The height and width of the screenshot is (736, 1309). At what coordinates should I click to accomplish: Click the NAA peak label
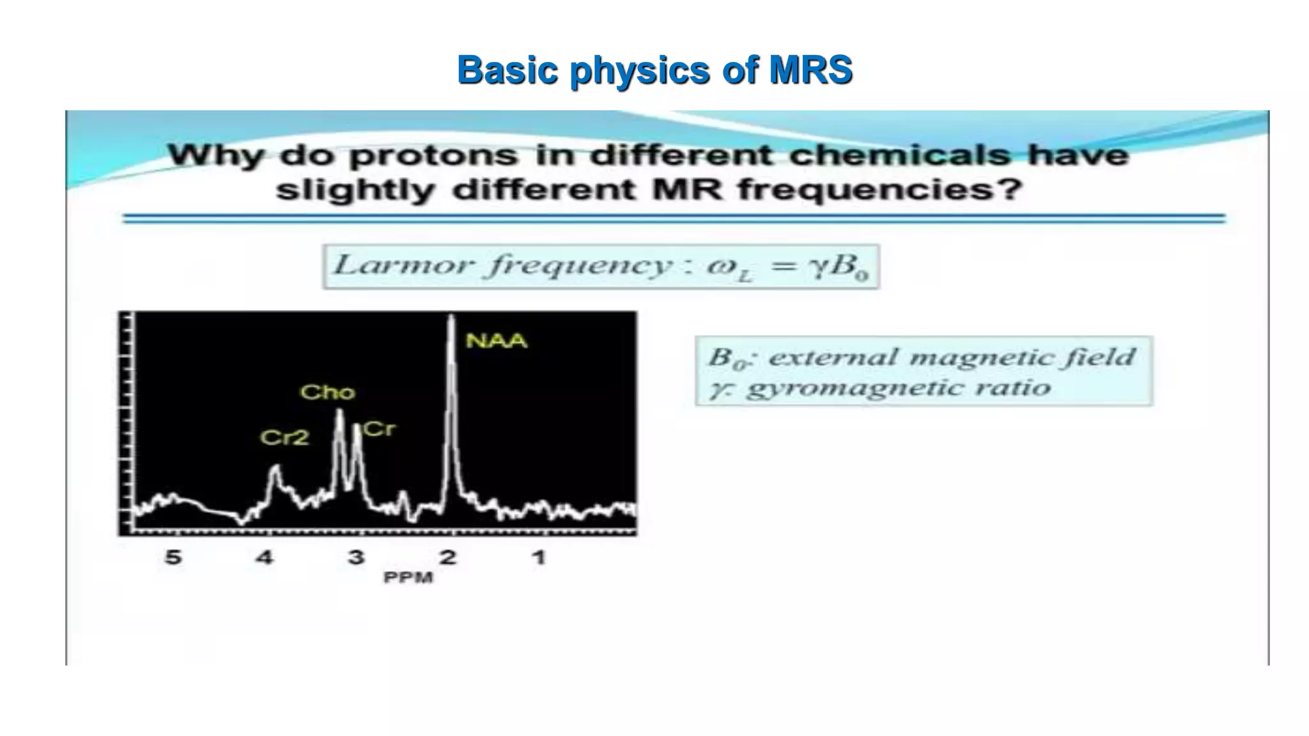pos(497,341)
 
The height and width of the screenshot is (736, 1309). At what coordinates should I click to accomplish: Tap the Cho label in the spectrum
pos(327,392)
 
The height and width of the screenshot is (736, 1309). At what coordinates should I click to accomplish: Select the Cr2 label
pos(284,438)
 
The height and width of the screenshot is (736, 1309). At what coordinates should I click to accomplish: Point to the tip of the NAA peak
pos(451,316)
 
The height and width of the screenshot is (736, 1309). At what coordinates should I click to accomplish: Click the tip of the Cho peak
pos(339,411)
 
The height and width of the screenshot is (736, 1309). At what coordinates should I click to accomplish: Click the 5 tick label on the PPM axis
pos(173,557)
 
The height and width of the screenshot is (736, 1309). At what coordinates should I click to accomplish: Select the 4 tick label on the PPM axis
pos(265,557)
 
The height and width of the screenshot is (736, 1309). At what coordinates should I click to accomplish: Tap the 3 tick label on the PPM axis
pos(356,557)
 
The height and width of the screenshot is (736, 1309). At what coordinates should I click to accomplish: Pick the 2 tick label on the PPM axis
pos(447,557)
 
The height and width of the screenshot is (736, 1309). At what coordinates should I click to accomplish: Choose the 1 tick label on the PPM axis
pos(539,557)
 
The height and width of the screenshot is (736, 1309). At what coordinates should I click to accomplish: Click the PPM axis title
pos(408,578)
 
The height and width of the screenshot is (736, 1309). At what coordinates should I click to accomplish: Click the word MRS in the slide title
pos(810,70)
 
